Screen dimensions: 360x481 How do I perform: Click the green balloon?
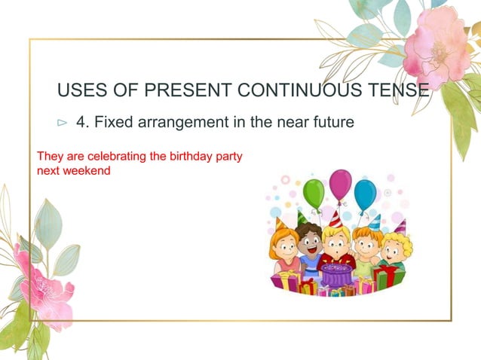click(314, 193)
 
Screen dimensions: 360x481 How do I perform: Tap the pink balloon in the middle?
click(340, 184)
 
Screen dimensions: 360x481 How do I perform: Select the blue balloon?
click(366, 194)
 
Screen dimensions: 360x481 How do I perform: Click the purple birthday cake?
click(336, 274)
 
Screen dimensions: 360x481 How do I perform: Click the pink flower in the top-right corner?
click(436, 47)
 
